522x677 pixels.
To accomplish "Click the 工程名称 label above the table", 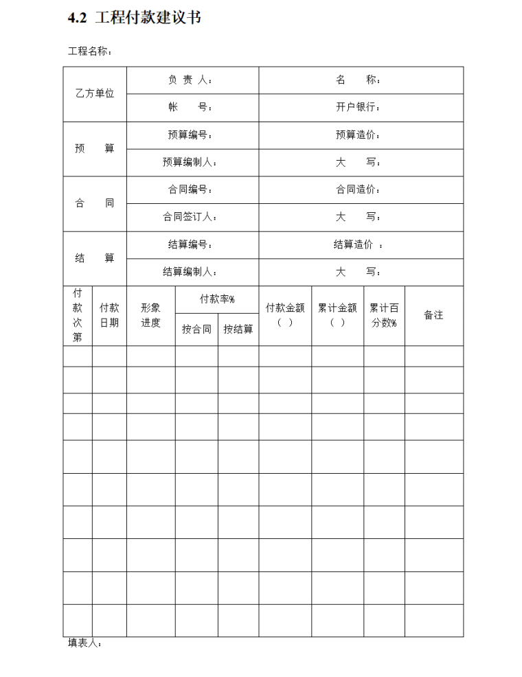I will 89,51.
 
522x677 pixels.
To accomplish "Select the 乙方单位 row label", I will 95,94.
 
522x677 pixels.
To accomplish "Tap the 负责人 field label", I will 190,80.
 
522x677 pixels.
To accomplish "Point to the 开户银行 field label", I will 358,108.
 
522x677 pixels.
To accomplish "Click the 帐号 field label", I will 190,108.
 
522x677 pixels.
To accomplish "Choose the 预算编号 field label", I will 190,135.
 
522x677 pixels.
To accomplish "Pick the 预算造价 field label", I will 358,135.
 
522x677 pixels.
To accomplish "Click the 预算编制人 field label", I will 190,163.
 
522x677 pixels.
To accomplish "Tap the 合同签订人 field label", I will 190,217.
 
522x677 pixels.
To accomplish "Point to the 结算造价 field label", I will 358,245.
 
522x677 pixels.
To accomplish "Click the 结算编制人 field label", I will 190,272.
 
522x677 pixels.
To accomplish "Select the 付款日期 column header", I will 109,315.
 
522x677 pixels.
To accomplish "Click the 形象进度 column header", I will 150,315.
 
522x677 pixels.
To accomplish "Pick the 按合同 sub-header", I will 196,330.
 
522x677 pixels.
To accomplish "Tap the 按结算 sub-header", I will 238,330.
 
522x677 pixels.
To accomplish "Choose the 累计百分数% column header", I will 384,315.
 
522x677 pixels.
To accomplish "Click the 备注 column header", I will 433,315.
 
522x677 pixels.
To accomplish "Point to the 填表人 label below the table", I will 84,644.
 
